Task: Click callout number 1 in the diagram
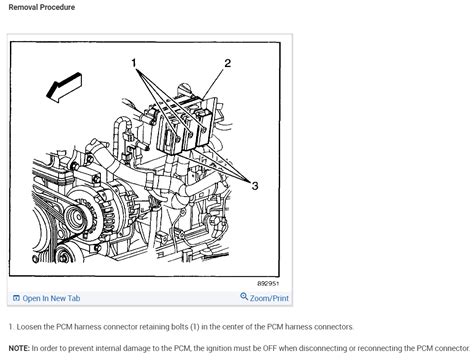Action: click(x=132, y=63)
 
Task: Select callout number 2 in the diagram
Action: click(x=227, y=63)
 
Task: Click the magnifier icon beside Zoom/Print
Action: click(x=244, y=297)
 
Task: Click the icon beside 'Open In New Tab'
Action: click(x=16, y=297)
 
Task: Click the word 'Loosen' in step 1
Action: click(x=32, y=327)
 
